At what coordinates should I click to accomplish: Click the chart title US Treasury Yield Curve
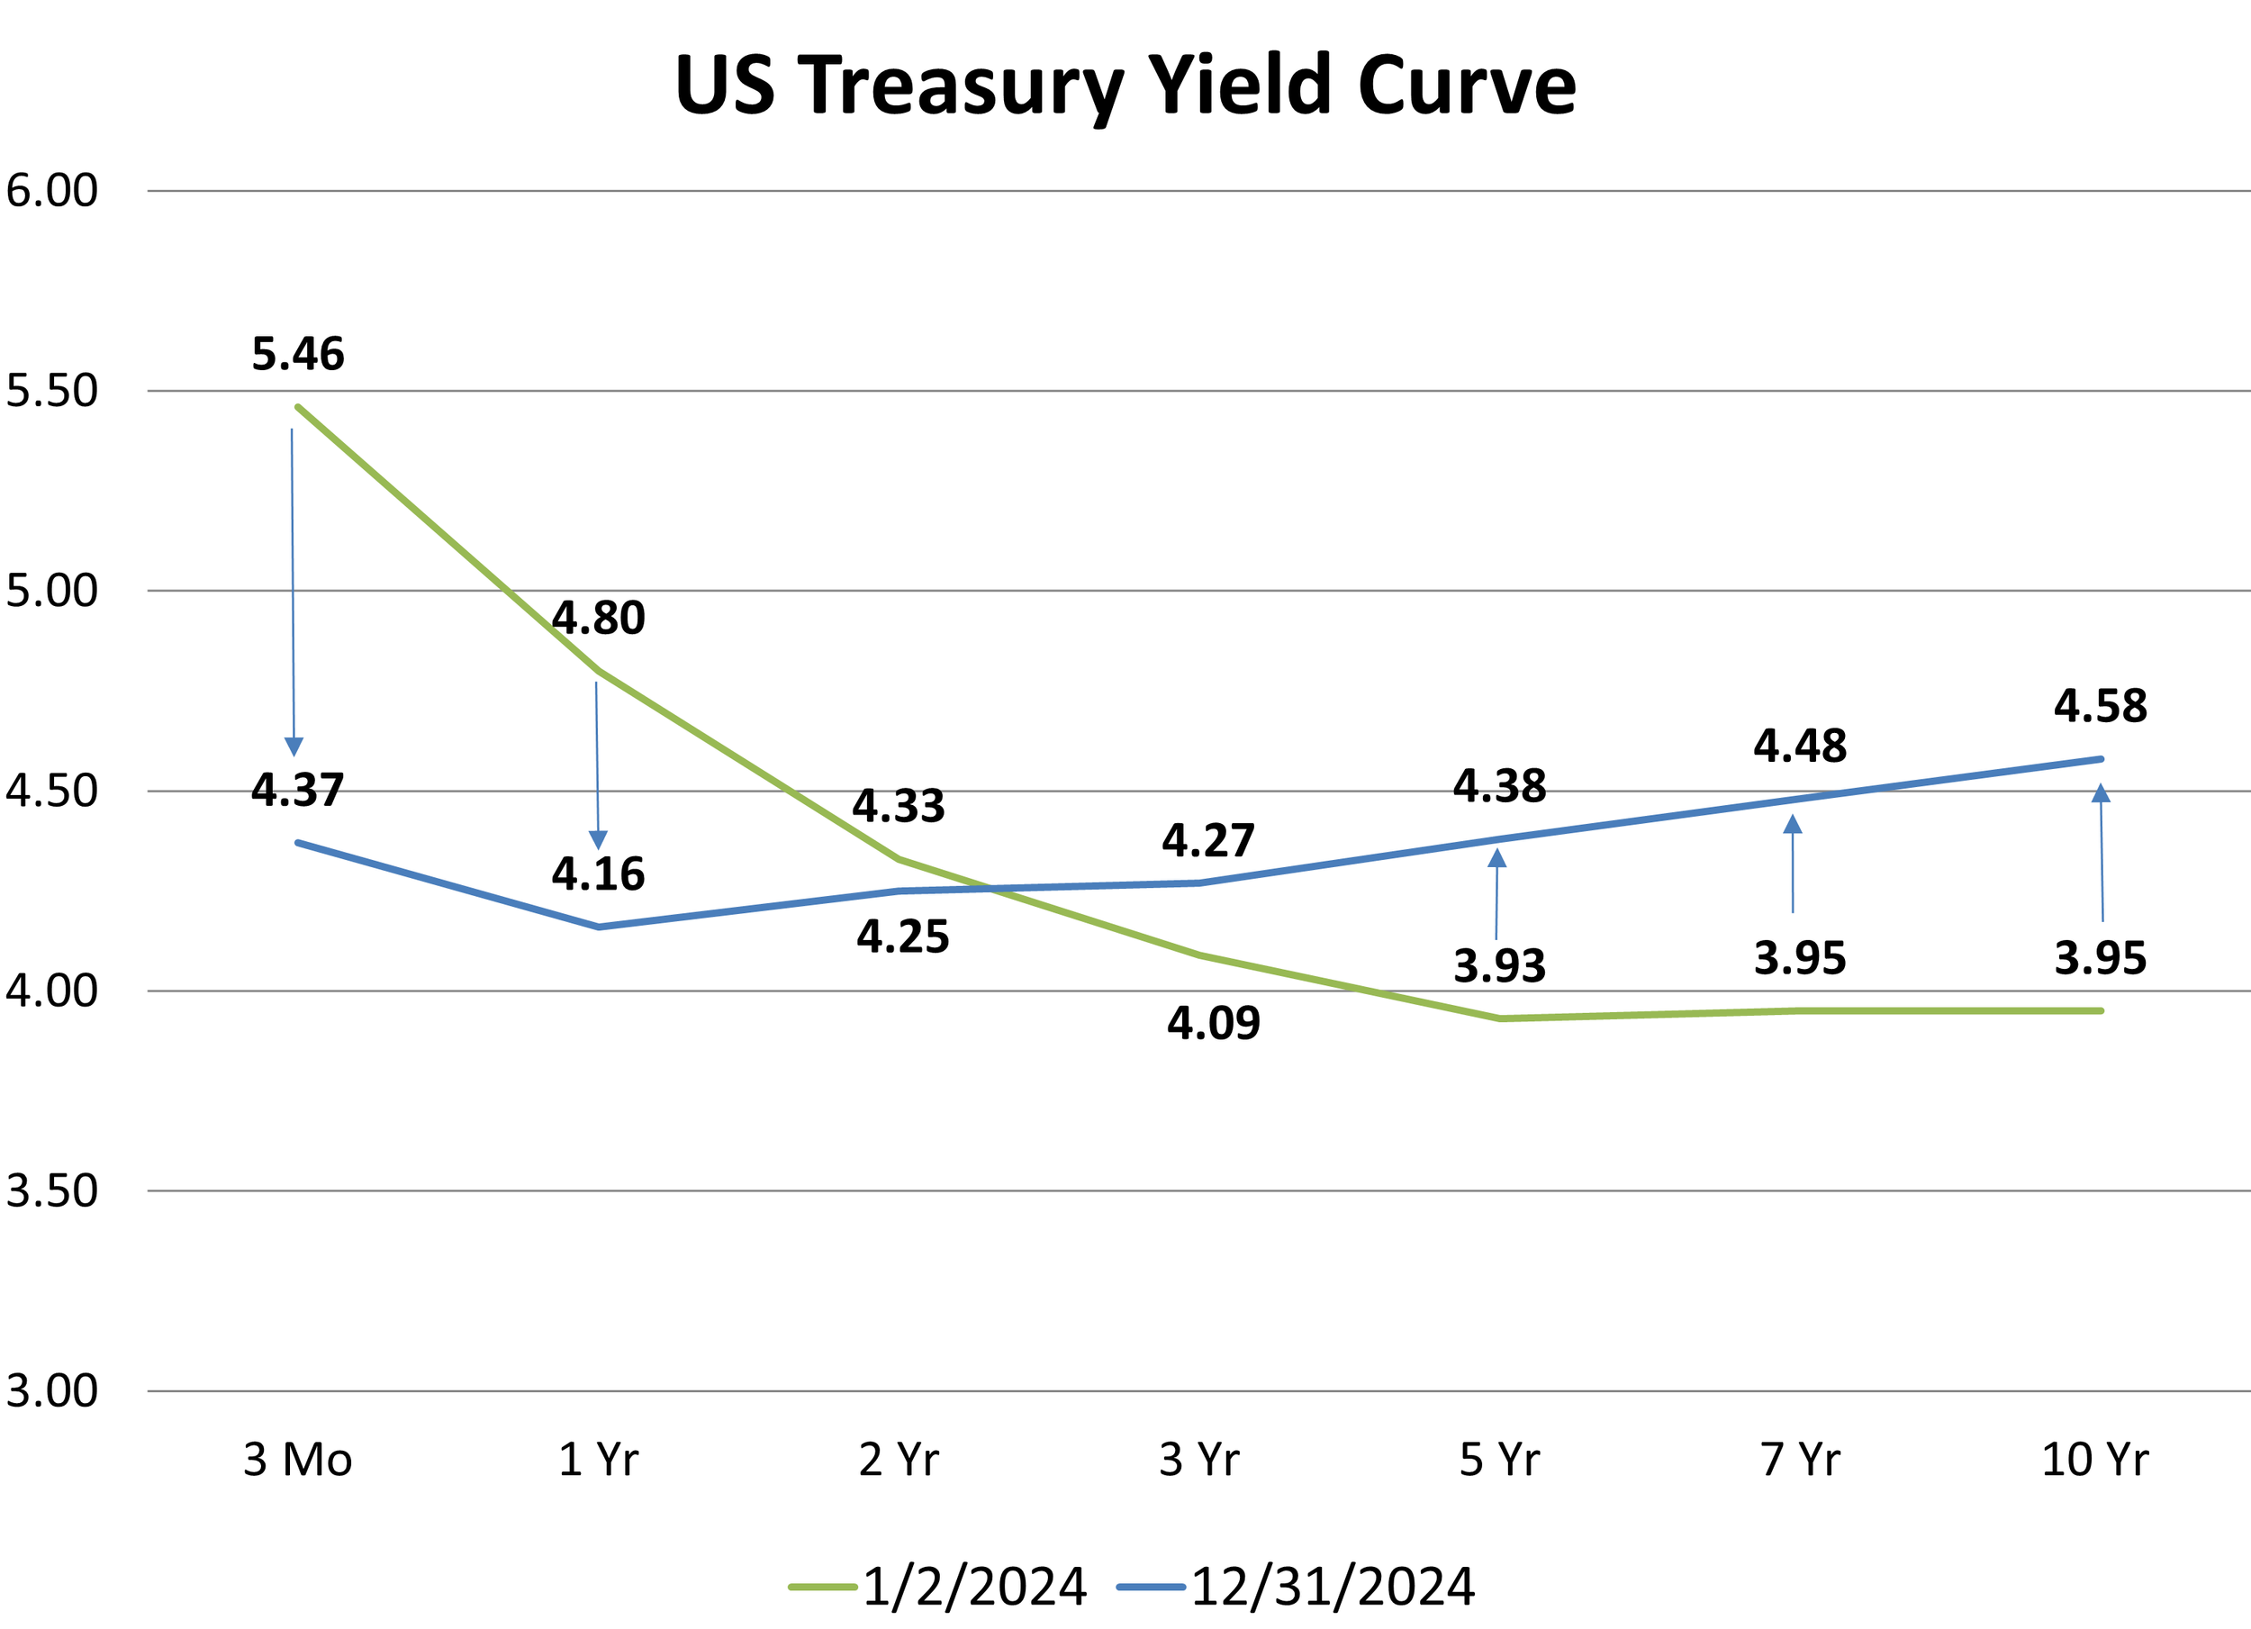point(1125,87)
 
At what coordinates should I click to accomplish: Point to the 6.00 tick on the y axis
point(51,191)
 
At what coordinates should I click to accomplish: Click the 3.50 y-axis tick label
point(51,1190)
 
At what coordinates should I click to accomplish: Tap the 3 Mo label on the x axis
point(298,1459)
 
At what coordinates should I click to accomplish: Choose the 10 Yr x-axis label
point(2094,1459)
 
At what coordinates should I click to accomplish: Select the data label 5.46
point(298,355)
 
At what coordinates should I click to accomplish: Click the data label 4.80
point(599,619)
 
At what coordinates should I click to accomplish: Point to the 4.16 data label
point(599,874)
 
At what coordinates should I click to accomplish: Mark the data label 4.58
point(2100,707)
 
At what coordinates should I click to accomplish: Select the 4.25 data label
point(903,937)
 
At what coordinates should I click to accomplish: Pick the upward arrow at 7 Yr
point(1793,863)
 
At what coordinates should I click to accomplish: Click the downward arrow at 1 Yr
point(598,765)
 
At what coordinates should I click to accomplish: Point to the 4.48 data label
point(1799,747)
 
